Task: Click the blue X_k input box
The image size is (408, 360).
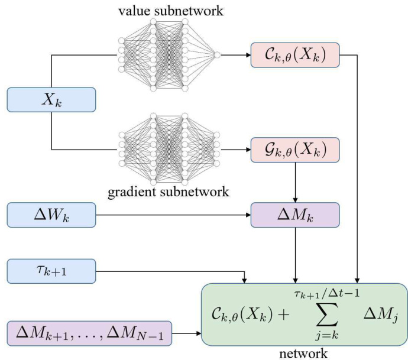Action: coord(51,99)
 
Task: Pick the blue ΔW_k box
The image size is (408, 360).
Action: coord(51,215)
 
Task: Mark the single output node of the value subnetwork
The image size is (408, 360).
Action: coord(218,55)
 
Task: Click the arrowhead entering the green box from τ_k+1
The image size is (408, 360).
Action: coord(244,280)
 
